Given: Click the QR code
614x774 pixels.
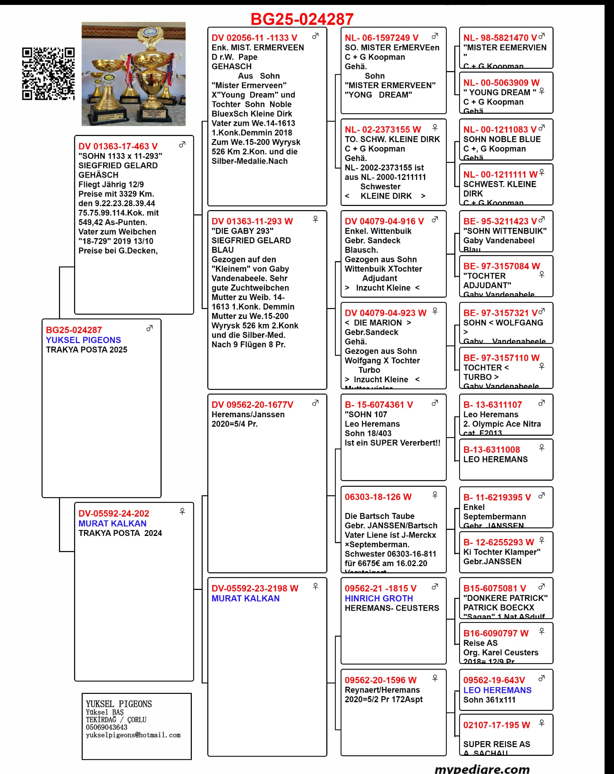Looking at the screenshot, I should (x=48, y=74).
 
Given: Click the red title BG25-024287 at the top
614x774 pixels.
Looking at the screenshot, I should (x=302, y=19).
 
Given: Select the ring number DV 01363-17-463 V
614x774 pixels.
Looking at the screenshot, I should (x=118, y=146).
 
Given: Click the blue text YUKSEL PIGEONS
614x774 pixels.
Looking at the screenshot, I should (x=83, y=340).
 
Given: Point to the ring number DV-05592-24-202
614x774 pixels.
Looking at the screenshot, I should (x=114, y=513).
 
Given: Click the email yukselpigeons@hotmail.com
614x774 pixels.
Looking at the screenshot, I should (x=133, y=735).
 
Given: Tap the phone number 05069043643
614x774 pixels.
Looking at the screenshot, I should (x=106, y=727).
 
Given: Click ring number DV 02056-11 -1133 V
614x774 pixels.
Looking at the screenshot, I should (x=254, y=38).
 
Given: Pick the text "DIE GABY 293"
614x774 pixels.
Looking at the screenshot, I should (x=242, y=231).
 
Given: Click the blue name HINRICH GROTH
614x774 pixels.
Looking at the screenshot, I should (x=379, y=598).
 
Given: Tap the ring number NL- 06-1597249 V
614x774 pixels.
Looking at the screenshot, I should (x=381, y=38).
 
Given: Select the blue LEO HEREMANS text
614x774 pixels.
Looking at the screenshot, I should (x=497, y=690).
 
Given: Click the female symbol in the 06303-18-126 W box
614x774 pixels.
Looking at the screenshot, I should (x=435, y=495).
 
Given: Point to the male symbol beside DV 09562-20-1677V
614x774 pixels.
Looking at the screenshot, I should (x=315, y=403).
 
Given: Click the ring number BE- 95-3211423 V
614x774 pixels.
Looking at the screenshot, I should (x=500, y=221).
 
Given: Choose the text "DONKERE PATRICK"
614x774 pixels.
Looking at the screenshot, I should (x=505, y=598).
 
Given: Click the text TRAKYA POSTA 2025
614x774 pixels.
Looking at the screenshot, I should (x=86, y=350).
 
